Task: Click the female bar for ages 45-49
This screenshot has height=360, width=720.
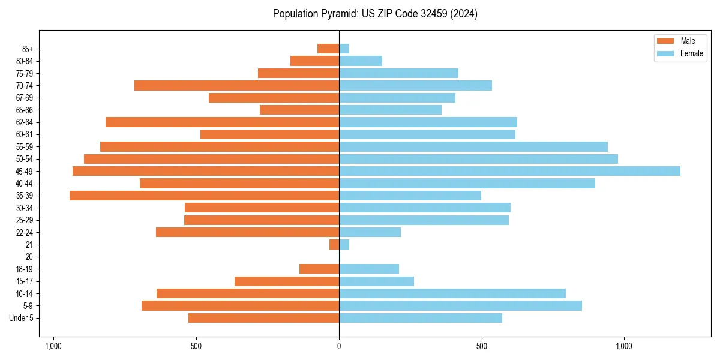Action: (x=509, y=171)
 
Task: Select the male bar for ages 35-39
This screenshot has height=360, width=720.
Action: (x=204, y=196)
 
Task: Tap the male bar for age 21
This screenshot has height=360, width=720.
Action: (x=334, y=245)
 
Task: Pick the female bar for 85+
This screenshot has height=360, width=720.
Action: (x=344, y=49)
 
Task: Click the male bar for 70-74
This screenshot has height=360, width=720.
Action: (x=236, y=85)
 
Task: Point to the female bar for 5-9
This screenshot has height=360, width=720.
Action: (x=460, y=306)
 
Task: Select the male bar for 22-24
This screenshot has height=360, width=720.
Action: (x=247, y=232)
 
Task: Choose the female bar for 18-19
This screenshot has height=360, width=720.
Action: (x=369, y=269)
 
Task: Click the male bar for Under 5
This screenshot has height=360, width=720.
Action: (x=263, y=318)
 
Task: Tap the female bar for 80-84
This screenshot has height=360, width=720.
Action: (x=361, y=61)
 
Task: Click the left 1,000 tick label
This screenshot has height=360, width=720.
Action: (x=53, y=346)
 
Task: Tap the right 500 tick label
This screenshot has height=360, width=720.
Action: (x=481, y=346)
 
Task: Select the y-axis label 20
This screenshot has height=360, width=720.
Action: (x=29, y=257)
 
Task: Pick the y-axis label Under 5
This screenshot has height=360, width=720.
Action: (x=21, y=318)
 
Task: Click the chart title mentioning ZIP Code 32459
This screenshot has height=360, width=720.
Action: (x=375, y=14)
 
